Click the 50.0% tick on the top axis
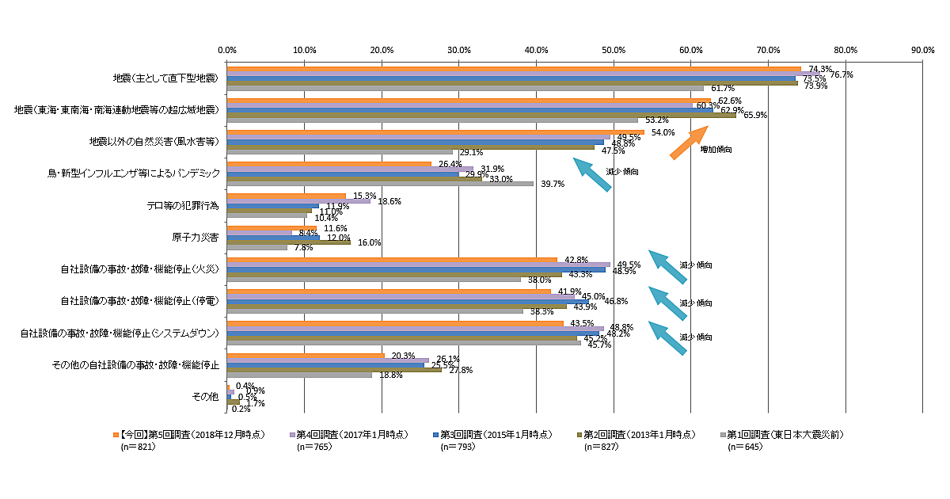click(x=614, y=50)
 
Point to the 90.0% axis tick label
click(x=923, y=50)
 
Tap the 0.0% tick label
click(x=227, y=50)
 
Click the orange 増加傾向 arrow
click(x=688, y=143)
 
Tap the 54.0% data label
click(x=663, y=133)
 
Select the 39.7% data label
click(x=552, y=184)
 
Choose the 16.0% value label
click(x=369, y=243)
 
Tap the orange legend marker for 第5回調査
click(x=116, y=435)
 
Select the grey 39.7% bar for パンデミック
click(x=380, y=184)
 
